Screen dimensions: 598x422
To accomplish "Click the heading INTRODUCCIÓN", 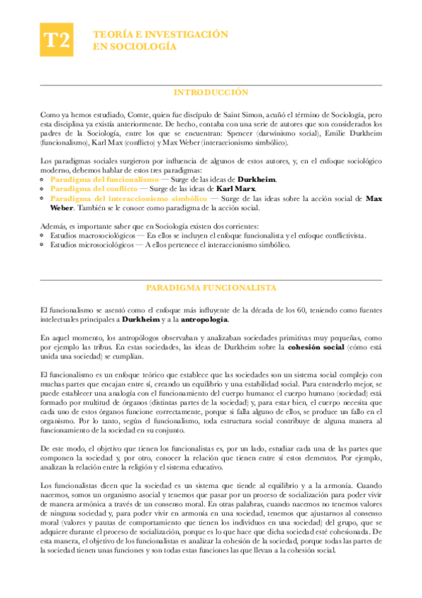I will (211, 92).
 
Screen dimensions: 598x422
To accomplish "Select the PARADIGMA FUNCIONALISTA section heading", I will (211, 288).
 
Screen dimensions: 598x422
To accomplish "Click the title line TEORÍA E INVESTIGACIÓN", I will (161, 35).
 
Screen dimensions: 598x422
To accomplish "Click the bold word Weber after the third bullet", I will (63, 208).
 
